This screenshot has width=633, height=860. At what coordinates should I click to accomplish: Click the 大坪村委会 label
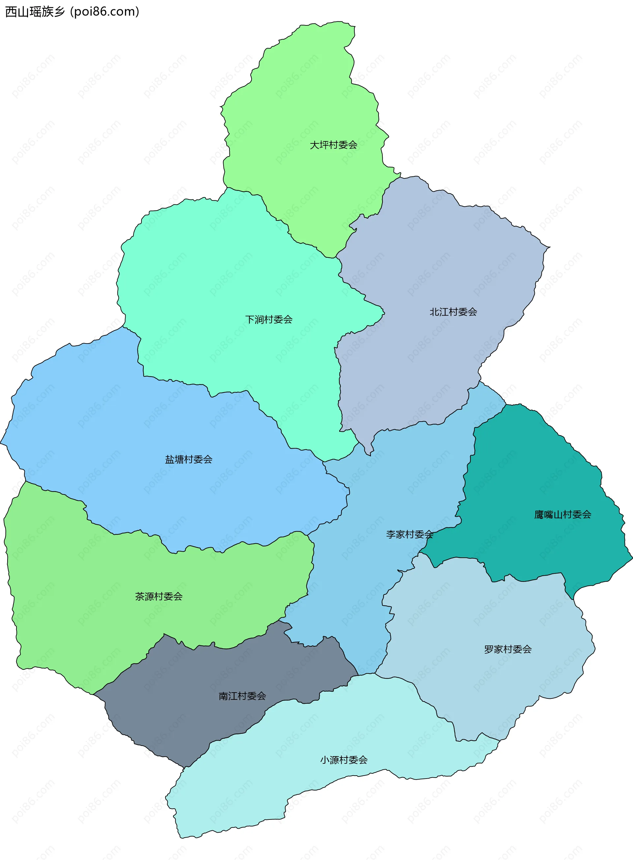point(333,145)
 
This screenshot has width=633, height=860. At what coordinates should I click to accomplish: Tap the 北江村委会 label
point(453,312)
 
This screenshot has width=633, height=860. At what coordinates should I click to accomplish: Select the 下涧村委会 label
point(269,319)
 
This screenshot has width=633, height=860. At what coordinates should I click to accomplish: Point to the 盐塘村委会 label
point(189,459)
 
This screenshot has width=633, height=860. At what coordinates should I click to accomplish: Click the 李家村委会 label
point(409,534)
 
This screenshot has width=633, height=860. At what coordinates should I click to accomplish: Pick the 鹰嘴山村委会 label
point(562,515)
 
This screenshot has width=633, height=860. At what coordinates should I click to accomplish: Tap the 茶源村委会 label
point(159,596)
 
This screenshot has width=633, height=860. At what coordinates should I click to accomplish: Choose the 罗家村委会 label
point(508,649)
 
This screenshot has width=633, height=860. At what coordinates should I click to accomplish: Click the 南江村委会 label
point(242,696)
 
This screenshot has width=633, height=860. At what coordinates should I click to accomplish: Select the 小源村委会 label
point(344,760)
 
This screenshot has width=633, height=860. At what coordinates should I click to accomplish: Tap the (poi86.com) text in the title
point(105,12)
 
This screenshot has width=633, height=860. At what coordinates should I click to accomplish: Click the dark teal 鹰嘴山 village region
point(536,479)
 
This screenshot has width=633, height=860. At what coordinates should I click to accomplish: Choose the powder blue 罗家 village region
point(479,613)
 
